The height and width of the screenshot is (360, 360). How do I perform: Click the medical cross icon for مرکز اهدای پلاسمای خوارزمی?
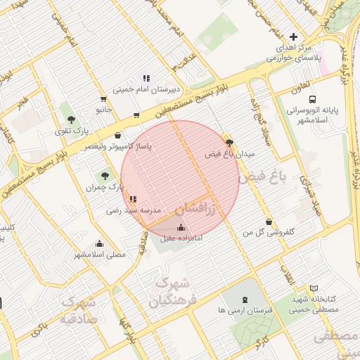click(x=293, y=37)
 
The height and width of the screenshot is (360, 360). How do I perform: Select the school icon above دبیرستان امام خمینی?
click(x=146, y=78)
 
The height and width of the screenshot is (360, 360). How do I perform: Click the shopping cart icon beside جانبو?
click(x=104, y=99)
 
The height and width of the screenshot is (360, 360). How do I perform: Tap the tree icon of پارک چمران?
click(x=105, y=175)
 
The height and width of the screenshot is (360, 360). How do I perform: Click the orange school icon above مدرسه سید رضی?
click(x=134, y=199)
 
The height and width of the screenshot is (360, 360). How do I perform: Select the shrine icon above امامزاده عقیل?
click(x=181, y=227)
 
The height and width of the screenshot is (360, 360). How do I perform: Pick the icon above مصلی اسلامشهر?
click(x=98, y=244)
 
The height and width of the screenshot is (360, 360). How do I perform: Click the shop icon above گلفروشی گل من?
click(x=268, y=221)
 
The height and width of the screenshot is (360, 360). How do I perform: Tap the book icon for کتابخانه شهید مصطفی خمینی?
click(x=314, y=288)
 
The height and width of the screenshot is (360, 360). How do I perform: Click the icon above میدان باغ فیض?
click(x=229, y=142)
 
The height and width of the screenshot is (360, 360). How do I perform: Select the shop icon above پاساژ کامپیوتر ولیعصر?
click(x=117, y=136)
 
